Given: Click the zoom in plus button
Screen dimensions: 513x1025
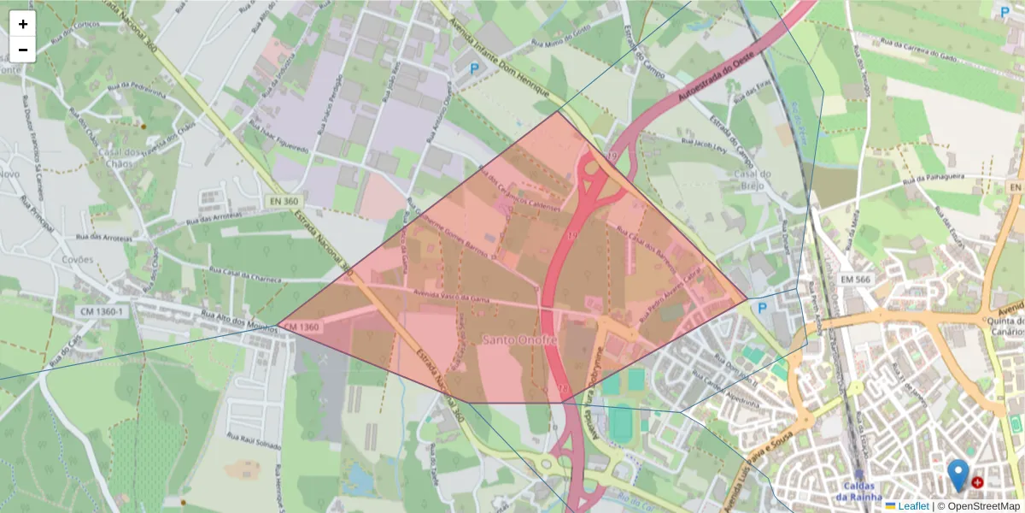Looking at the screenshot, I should (x=22, y=24).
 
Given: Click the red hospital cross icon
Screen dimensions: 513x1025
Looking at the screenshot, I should (x=977, y=482).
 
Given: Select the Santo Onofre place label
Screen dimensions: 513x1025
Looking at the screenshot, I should (x=519, y=339).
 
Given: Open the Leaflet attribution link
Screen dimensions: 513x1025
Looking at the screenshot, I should (x=912, y=506).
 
